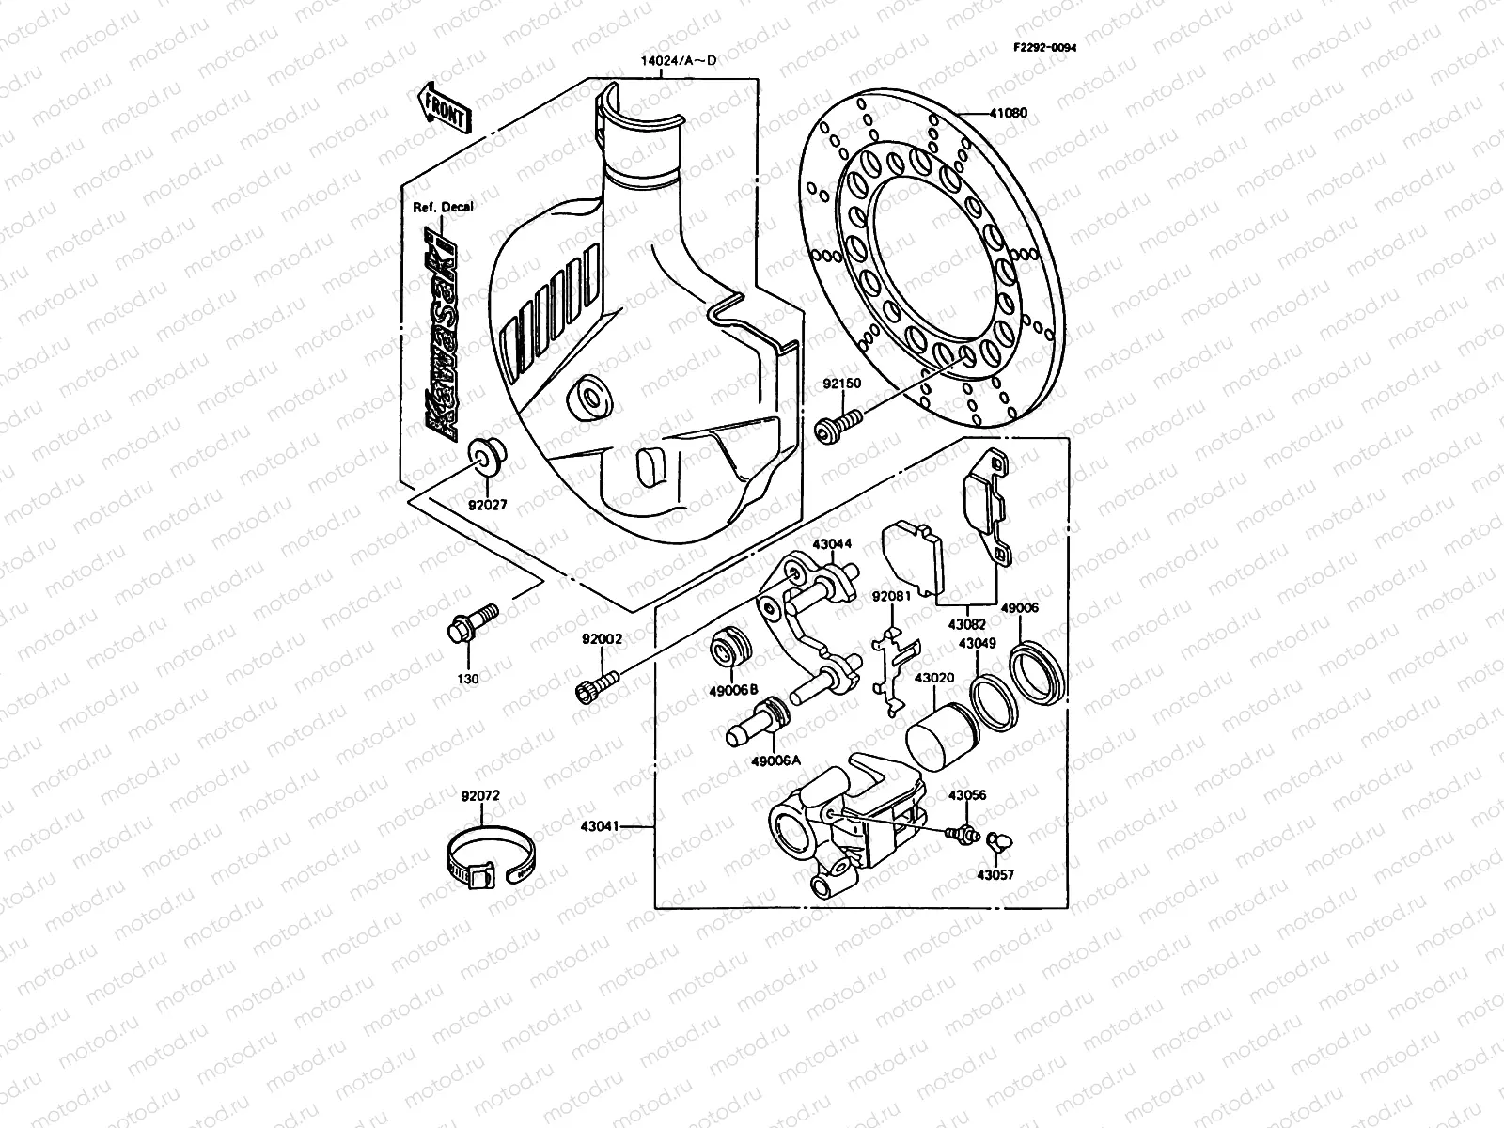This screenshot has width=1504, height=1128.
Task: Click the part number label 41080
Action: [1008, 113]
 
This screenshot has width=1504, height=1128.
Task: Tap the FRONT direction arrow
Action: [443, 105]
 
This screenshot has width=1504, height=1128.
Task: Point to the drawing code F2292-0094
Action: [1044, 47]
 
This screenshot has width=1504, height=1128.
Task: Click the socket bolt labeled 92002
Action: [594, 687]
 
